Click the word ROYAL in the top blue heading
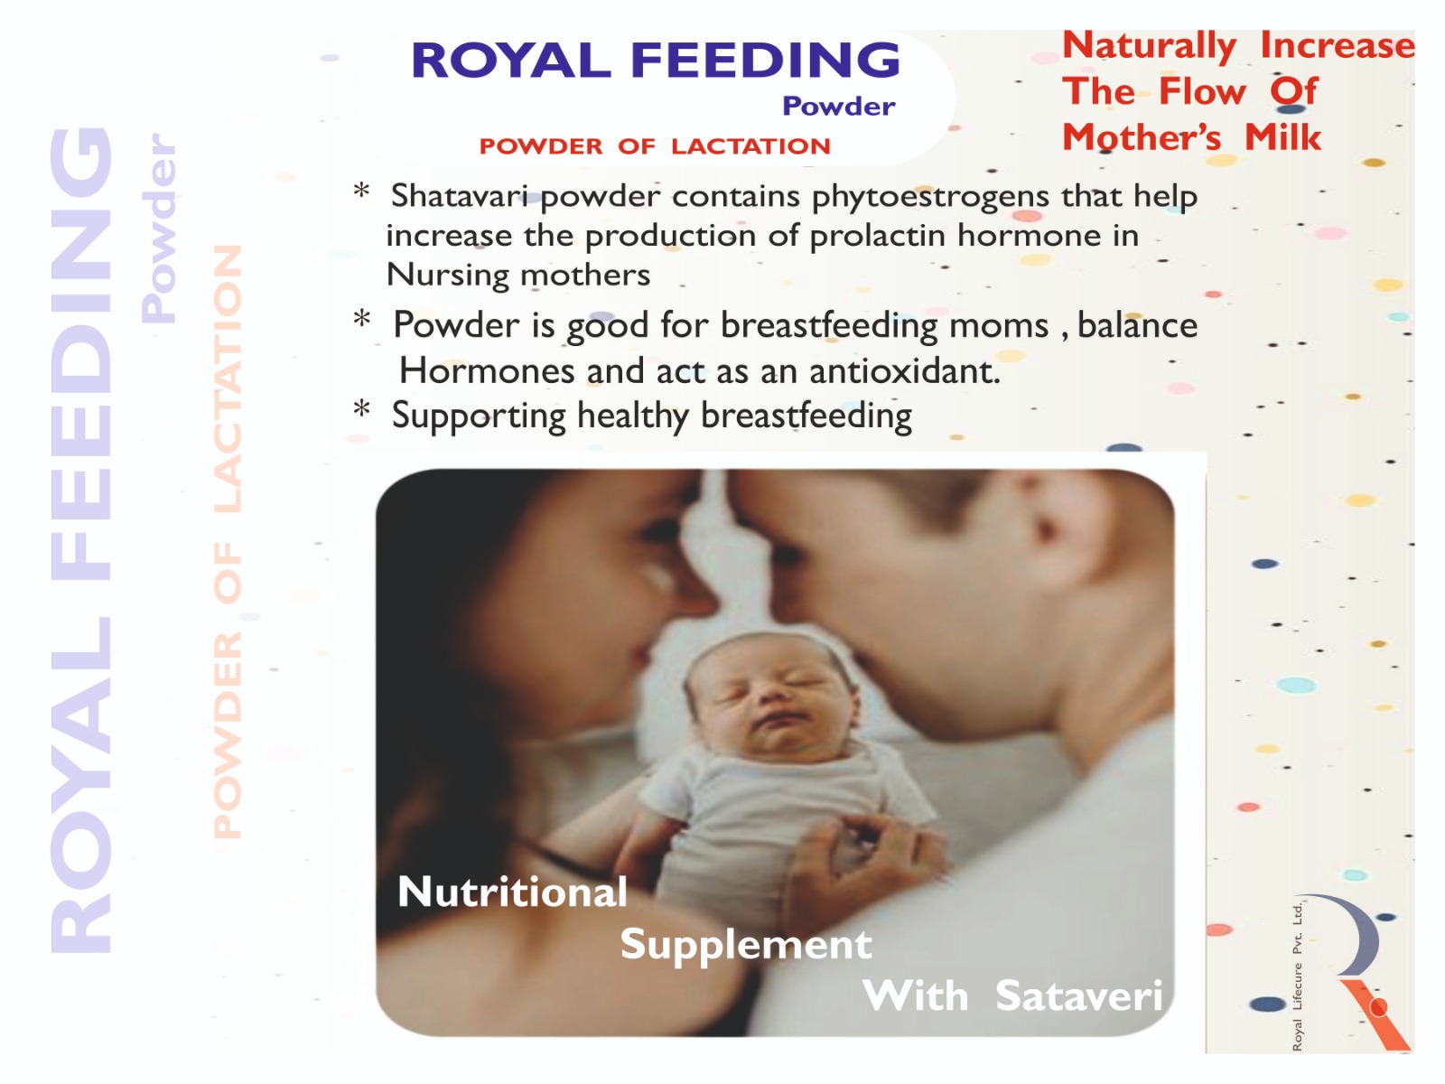click(x=511, y=60)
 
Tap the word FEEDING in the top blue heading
click(x=765, y=60)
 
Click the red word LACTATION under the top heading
click(x=750, y=146)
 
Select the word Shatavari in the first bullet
click(x=460, y=195)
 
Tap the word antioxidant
click(x=905, y=371)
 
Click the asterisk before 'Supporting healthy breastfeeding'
click(x=361, y=409)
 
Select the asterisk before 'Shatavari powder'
click(x=361, y=191)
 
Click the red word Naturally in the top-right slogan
click(x=1150, y=47)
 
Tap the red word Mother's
click(x=1142, y=137)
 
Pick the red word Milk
click(x=1283, y=137)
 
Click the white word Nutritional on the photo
click(x=512, y=892)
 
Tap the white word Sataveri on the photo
click(x=1079, y=995)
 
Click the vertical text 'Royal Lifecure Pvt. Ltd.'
click(x=1297, y=977)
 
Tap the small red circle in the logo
click(x=1378, y=1007)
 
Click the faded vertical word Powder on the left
click(x=159, y=228)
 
